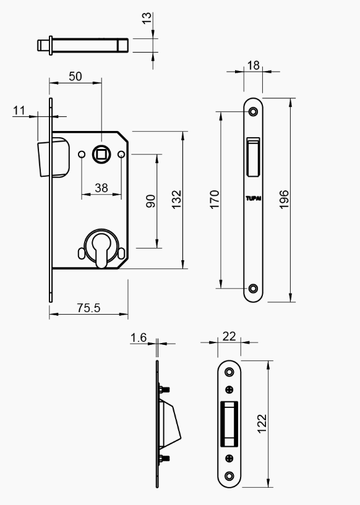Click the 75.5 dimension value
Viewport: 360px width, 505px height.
tap(88, 308)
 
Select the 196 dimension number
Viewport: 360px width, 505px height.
tap(284, 200)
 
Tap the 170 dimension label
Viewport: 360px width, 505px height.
tap(215, 200)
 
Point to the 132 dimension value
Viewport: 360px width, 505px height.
tap(176, 200)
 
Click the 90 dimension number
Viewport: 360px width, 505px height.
tap(150, 201)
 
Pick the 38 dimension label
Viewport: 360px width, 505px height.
tap(101, 188)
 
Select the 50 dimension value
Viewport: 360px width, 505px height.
tap(75, 76)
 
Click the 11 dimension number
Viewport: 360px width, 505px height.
tap(19, 111)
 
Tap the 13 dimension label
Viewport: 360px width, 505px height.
tap(147, 18)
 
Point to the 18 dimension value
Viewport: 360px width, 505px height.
tap(254, 66)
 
